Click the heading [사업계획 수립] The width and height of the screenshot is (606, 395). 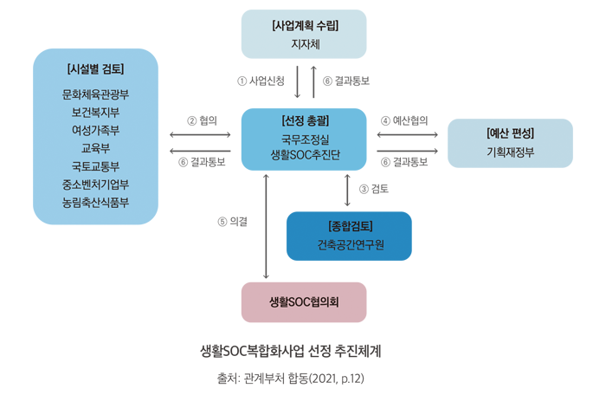click(x=304, y=25)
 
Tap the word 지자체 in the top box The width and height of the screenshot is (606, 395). click(x=304, y=43)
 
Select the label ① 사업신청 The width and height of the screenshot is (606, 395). click(x=261, y=81)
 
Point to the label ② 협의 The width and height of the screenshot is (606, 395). click(x=202, y=120)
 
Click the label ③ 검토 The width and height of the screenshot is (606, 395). click(x=374, y=188)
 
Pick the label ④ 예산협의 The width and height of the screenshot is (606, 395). click(x=404, y=120)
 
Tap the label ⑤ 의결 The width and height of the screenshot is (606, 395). click(x=233, y=222)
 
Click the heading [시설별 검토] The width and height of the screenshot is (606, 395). click(x=95, y=68)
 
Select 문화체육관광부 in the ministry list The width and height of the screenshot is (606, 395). click(x=95, y=94)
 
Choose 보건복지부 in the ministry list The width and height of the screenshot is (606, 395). click(x=95, y=112)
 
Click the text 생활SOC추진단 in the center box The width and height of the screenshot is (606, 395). click(x=305, y=154)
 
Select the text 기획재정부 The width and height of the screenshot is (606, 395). click(x=510, y=153)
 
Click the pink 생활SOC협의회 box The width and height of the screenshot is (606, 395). click(x=304, y=301)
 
